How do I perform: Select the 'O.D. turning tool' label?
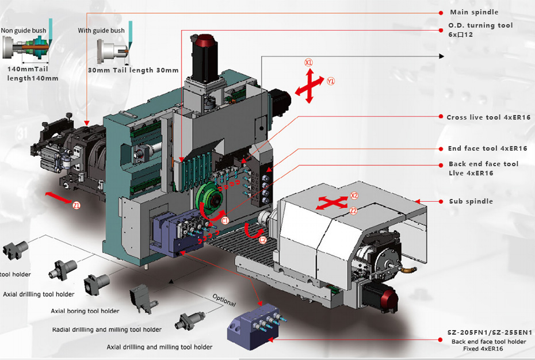tap(480, 25)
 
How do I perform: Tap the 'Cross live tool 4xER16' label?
tap(488, 117)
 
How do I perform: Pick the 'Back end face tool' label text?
tap(483, 164)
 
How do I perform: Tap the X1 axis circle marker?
tap(308, 62)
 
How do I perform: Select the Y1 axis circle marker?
tap(331, 82)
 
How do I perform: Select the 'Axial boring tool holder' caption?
tap(85, 311)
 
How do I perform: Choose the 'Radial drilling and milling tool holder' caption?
tap(107, 330)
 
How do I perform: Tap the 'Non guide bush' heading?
tap(21, 30)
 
